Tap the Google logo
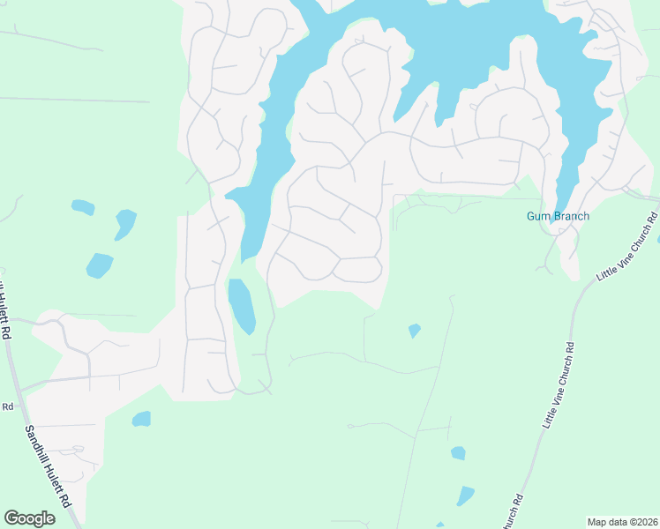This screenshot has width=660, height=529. pyautogui.click(x=29, y=518)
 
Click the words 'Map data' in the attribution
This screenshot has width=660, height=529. pyautogui.click(x=607, y=522)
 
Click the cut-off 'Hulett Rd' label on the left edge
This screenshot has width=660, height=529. pyautogui.click(x=5, y=313)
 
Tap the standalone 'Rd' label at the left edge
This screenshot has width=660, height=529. pyautogui.click(x=7, y=406)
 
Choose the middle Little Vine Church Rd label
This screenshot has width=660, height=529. pyautogui.click(x=558, y=386)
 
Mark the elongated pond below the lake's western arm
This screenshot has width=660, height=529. pyautogui.click(x=242, y=305)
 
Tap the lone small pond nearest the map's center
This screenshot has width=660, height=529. pyautogui.click(x=414, y=331)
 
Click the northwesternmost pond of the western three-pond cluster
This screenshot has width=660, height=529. pyautogui.click(x=83, y=208)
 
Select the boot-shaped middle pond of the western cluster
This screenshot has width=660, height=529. pyautogui.click(x=124, y=223)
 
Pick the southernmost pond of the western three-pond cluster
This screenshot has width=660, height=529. pyautogui.click(x=99, y=264)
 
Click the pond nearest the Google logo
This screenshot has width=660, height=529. pyautogui.click(x=140, y=419)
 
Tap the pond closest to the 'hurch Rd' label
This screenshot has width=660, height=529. pyautogui.click(x=465, y=495)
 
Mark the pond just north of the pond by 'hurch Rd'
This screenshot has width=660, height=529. pyautogui.click(x=458, y=453)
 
